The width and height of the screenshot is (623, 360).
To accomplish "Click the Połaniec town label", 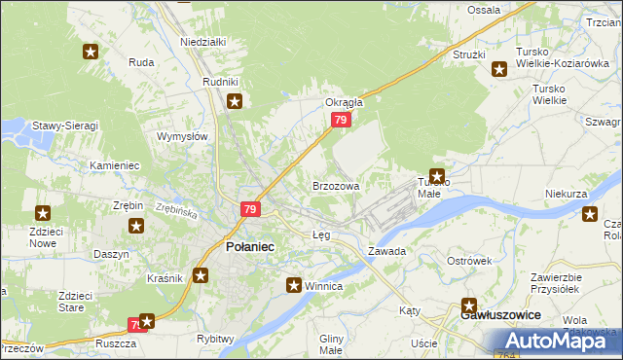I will click(249, 247).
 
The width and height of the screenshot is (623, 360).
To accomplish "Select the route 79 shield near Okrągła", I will click(340, 120).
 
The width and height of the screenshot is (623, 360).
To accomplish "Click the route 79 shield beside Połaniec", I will click(250, 209).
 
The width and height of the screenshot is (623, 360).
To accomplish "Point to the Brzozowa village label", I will click(336, 185).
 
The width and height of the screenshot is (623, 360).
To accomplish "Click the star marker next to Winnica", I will click(294, 285).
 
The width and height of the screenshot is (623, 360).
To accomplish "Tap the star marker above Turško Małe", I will click(437, 176).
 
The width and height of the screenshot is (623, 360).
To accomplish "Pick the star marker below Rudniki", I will click(234, 100).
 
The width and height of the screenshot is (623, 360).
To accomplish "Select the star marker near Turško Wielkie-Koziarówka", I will click(499, 69).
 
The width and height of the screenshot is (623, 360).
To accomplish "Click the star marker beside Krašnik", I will click(201, 275).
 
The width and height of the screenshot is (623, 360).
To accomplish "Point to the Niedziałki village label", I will click(202, 42).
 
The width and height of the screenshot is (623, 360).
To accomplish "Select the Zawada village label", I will click(386, 251).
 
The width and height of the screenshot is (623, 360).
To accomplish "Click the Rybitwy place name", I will click(215, 339).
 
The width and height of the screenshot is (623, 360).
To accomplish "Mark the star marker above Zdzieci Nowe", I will click(43, 213).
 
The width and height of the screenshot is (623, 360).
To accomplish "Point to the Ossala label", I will click(484, 10).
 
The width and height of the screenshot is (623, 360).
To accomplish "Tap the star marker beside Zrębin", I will click(136, 227).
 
